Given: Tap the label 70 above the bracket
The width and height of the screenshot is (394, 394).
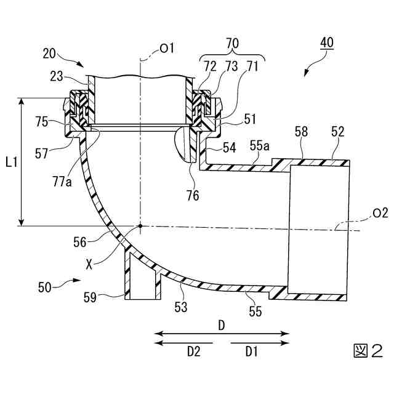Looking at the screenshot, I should pyautogui.click(x=233, y=44).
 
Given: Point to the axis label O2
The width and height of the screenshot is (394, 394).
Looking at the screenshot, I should pyautogui.click(x=380, y=213).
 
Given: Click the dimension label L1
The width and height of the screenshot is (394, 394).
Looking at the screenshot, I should pyautogui.click(x=11, y=163).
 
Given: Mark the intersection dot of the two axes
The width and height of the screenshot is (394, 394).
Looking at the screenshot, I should pyautogui.click(x=140, y=226).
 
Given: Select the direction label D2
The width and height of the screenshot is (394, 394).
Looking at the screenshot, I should pyautogui.click(x=194, y=352).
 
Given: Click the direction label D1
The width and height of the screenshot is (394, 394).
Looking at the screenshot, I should pyautogui.click(x=252, y=352).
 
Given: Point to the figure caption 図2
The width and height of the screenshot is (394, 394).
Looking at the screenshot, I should pyautogui.click(x=368, y=352).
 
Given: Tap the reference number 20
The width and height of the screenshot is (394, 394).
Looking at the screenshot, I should pyautogui.click(x=51, y=54).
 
